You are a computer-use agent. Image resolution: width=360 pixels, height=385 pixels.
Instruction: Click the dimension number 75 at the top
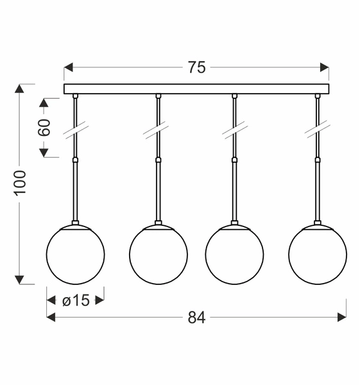tap(197, 67)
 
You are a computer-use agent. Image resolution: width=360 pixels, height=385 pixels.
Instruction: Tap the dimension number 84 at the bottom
tap(196, 317)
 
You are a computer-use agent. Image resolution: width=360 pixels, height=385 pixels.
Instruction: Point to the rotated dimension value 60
tap(44, 126)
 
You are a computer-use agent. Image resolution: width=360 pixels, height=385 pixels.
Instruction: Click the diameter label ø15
tap(76, 300)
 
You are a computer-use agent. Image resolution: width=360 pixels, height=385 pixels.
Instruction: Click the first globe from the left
tap(76, 255)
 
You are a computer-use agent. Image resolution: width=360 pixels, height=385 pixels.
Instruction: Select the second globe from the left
tap(159, 255)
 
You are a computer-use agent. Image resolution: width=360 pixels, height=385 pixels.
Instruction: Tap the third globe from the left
tap(234, 255)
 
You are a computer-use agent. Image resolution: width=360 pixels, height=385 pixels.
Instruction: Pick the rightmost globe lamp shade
tap(317, 255)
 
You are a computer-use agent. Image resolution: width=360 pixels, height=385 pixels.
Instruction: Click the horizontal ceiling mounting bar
tap(196, 89)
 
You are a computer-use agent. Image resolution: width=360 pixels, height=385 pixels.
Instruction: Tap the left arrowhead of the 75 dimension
tap(68, 67)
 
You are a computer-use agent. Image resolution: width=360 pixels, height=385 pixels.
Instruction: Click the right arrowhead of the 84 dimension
tap(342, 316)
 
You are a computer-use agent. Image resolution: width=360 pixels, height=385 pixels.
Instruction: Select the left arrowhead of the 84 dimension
tap(51, 316)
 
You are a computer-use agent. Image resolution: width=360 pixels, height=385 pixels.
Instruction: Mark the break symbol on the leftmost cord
tap(76, 129)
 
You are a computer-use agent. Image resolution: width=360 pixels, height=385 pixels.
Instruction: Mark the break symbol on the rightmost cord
tap(317, 129)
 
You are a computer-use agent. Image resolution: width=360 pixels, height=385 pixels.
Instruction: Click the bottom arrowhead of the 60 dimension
tap(44, 153)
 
